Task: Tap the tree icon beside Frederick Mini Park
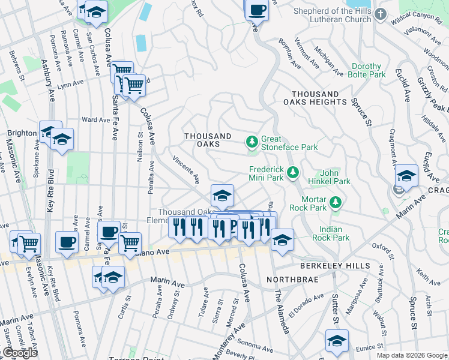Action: (x=292, y=173)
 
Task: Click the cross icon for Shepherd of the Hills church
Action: (x=380, y=14)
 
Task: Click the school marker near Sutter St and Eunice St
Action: (x=337, y=340)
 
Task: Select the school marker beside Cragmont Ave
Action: (x=406, y=175)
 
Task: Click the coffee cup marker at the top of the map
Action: (x=257, y=10)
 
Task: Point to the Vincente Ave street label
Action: (x=185, y=169)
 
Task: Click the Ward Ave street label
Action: (x=95, y=120)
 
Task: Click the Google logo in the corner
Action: (x=19, y=353)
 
